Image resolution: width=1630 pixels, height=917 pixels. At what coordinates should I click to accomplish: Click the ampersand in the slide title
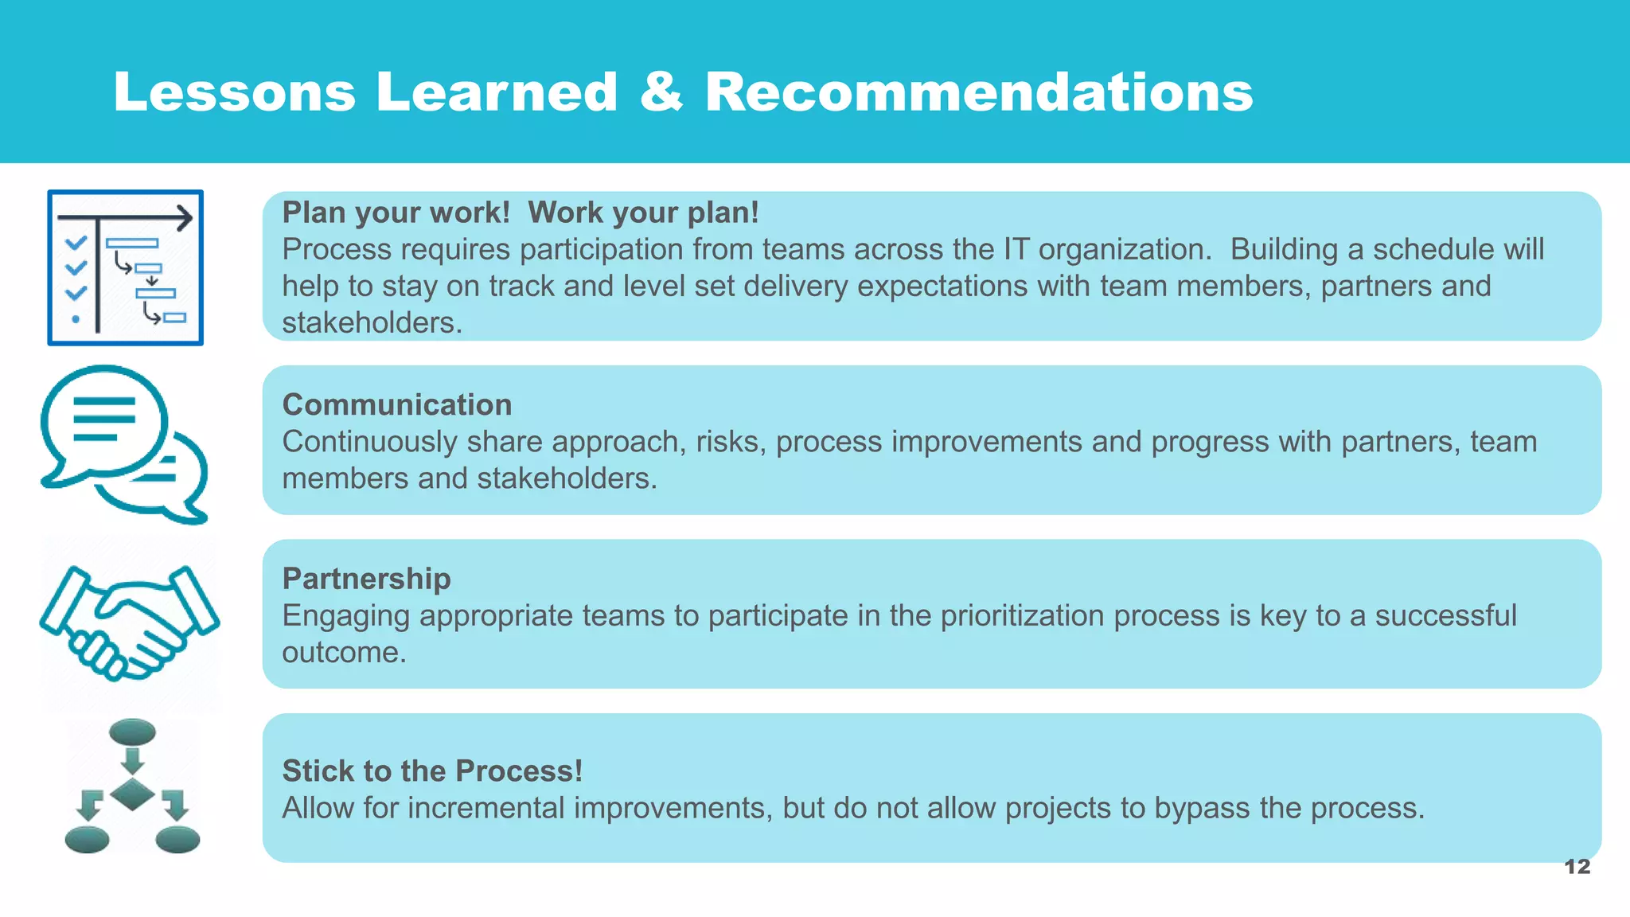click(661, 92)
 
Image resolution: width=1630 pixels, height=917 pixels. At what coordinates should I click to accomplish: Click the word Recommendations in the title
click(978, 92)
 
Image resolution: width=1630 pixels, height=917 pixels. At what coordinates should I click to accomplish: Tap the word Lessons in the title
click(235, 92)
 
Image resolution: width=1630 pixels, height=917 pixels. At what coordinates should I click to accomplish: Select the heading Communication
click(396, 404)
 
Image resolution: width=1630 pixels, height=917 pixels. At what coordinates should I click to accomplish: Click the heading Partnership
click(366, 579)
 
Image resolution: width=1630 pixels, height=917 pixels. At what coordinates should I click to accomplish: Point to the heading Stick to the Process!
click(432, 771)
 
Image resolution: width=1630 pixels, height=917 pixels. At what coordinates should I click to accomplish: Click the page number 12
click(1577, 867)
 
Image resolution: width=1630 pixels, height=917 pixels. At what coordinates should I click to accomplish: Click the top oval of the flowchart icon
click(132, 732)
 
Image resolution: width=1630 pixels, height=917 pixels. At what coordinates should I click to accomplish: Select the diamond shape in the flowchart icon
click(132, 794)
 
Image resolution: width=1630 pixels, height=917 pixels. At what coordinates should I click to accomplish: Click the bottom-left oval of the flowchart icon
click(87, 840)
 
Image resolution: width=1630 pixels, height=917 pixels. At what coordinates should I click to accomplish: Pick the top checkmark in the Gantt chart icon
click(76, 243)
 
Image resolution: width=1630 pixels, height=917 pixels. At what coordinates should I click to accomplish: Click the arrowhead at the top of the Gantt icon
click(185, 217)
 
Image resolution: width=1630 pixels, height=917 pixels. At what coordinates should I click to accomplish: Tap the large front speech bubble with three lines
click(103, 422)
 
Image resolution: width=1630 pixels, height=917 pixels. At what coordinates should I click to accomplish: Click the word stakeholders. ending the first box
click(372, 323)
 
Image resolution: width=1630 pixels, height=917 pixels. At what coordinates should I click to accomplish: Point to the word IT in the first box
click(1016, 250)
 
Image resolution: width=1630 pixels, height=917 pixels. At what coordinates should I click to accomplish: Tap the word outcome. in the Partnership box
click(344, 653)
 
